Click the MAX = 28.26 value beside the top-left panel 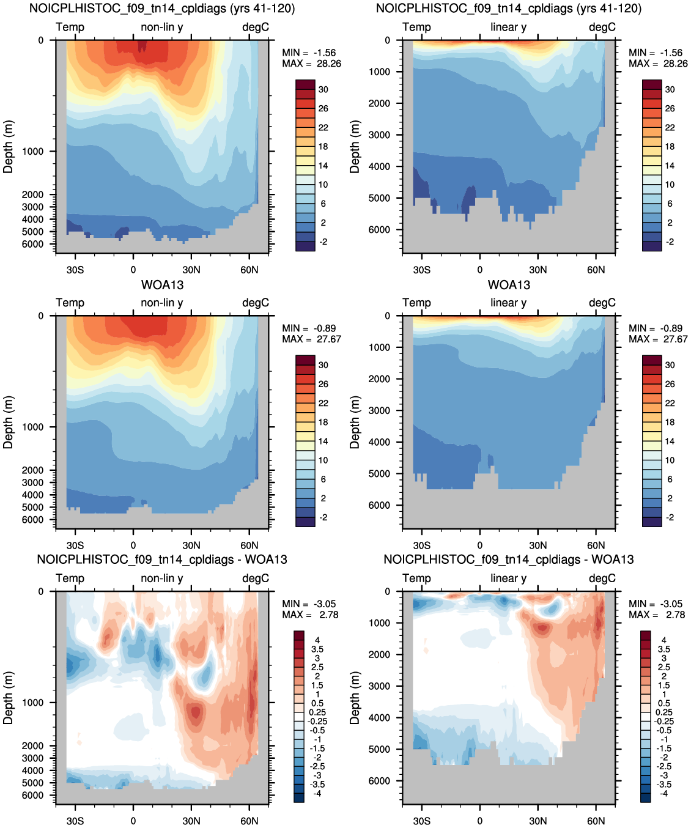pos(311,64)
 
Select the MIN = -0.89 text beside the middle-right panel pos(656,328)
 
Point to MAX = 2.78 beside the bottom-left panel pos(310,615)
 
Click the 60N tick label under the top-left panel pos(249,270)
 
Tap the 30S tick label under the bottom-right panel pos(422,821)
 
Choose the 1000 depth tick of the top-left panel pos(32,152)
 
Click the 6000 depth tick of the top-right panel pos(379,229)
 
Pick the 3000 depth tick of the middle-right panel pos(379,410)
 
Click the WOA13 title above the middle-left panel pos(162,285)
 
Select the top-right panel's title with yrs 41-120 pos(509,9)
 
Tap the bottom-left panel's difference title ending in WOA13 pos(162,560)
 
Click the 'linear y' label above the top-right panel pos(509,28)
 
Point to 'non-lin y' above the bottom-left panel pos(162,578)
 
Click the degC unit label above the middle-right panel pos(602,303)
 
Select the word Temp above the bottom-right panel pos(416,578)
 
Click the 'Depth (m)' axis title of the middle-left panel pos(8,423)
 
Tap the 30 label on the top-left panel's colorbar pos(323,90)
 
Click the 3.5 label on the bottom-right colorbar pos(664,649)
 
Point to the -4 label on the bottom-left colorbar pos(317,794)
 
